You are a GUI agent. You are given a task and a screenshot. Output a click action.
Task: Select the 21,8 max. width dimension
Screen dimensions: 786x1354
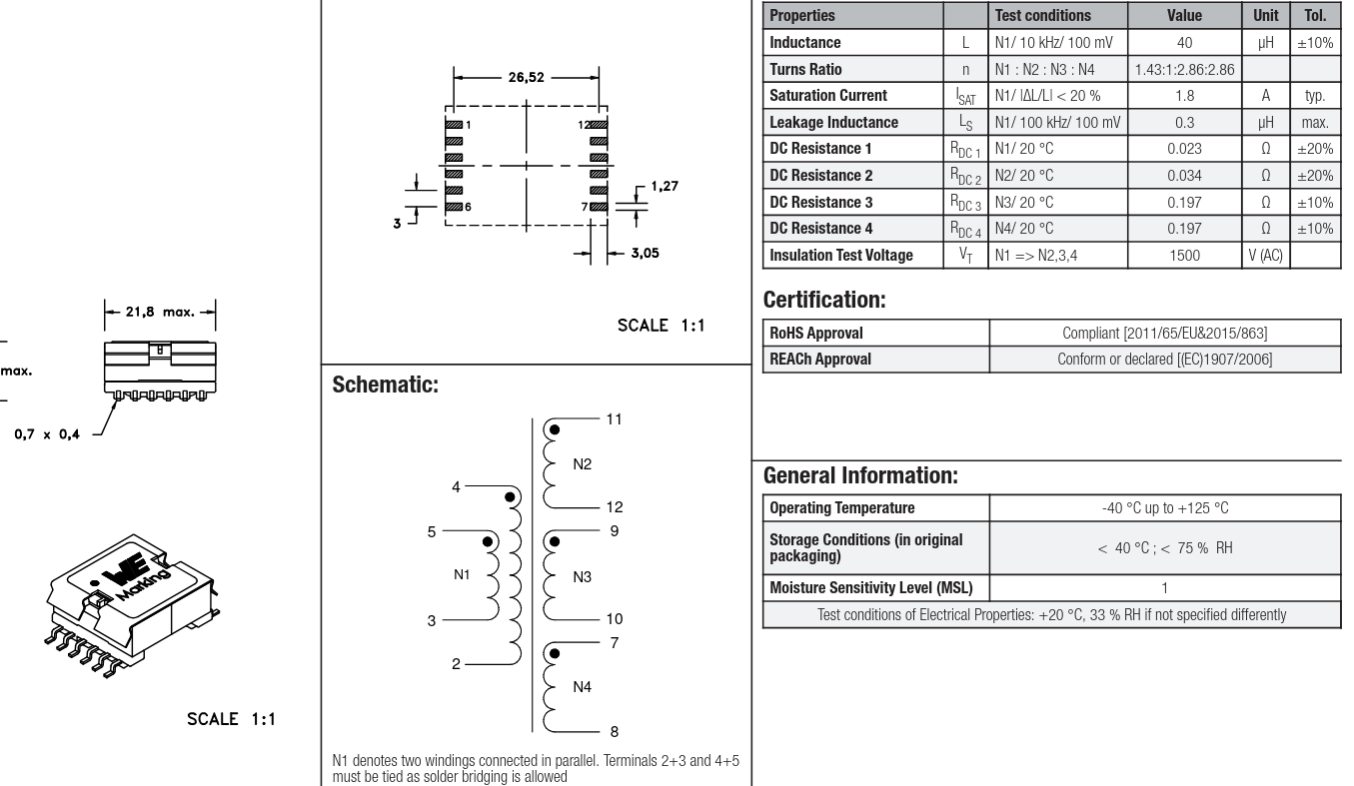pos(160,314)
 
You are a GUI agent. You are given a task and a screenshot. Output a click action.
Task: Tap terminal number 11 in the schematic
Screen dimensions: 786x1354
pos(614,419)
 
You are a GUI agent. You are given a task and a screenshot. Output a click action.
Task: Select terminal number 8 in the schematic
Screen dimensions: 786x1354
pos(613,731)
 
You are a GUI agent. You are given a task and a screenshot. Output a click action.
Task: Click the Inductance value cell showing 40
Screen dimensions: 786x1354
pos(1183,43)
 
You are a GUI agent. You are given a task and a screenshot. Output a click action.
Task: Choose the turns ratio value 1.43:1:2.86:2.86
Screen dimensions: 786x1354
pos(1184,70)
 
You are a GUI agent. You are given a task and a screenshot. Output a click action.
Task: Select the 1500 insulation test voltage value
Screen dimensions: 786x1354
pos(1184,255)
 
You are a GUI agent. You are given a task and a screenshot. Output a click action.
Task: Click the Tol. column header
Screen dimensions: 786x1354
pos(1315,16)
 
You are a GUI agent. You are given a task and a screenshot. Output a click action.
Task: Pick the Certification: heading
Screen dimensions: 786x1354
pos(825,299)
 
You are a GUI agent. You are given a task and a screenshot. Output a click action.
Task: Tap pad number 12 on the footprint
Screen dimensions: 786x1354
pos(583,125)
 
